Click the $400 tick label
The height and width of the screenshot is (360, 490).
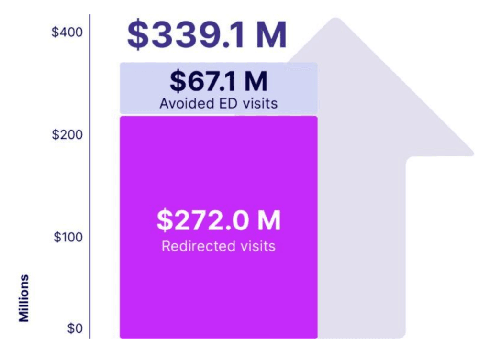click(x=67, y=33)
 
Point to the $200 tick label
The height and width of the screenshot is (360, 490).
click(x=67, y=135)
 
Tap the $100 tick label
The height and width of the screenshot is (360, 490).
click(x=67, y=237)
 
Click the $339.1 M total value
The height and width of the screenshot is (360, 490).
click(x=207, y=35)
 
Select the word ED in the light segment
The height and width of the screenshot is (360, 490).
click(x=224, y=103)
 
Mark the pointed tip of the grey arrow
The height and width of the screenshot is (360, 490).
click(x=336, y=20)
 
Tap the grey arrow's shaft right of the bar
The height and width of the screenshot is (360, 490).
click(x=361, y=249)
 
